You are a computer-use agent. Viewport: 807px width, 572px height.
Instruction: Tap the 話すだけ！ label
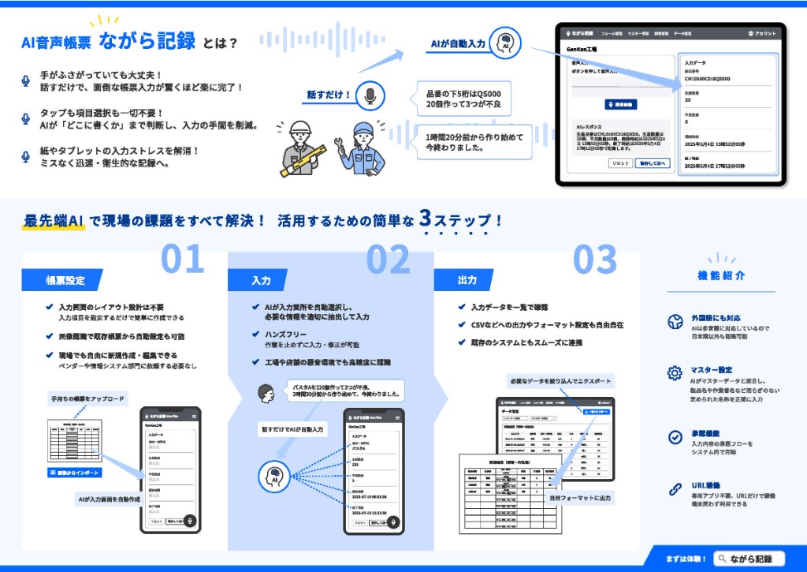[328, 95]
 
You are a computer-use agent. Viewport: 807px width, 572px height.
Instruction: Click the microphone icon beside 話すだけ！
[370, 95]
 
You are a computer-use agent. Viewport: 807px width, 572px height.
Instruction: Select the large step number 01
[182, 260]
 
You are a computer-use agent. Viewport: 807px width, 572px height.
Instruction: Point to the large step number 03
[594, 260]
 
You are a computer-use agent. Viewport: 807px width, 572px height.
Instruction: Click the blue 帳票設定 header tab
[65, 280]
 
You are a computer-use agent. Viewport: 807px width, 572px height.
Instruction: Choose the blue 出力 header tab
[467, 280]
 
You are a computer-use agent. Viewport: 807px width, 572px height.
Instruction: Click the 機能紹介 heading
[721, 276]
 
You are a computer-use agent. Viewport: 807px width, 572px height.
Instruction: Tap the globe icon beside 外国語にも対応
[675, 322]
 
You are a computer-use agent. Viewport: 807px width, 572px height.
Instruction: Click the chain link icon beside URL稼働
[675, 488]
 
